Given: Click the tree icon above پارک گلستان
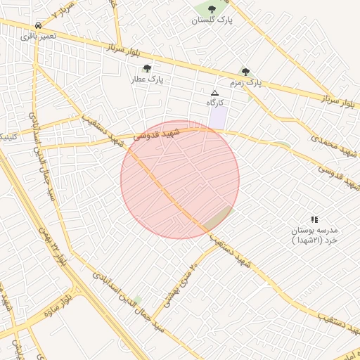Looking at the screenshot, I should click(212, 9).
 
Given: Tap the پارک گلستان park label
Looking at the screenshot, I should click(213, 20).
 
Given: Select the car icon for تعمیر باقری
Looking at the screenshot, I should click(37, 24).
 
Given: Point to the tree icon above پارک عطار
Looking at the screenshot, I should click(147, 68).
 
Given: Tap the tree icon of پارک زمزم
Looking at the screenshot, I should click(245, 71).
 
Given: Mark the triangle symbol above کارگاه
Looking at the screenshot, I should click(215, 93).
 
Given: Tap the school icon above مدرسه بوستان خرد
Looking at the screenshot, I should click(314, 220).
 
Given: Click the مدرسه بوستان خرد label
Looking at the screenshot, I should click(314, 235).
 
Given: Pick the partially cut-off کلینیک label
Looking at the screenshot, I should click(7, 136).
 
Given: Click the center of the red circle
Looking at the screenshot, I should click(180, 180).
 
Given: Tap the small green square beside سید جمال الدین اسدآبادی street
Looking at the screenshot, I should click(138, 300).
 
